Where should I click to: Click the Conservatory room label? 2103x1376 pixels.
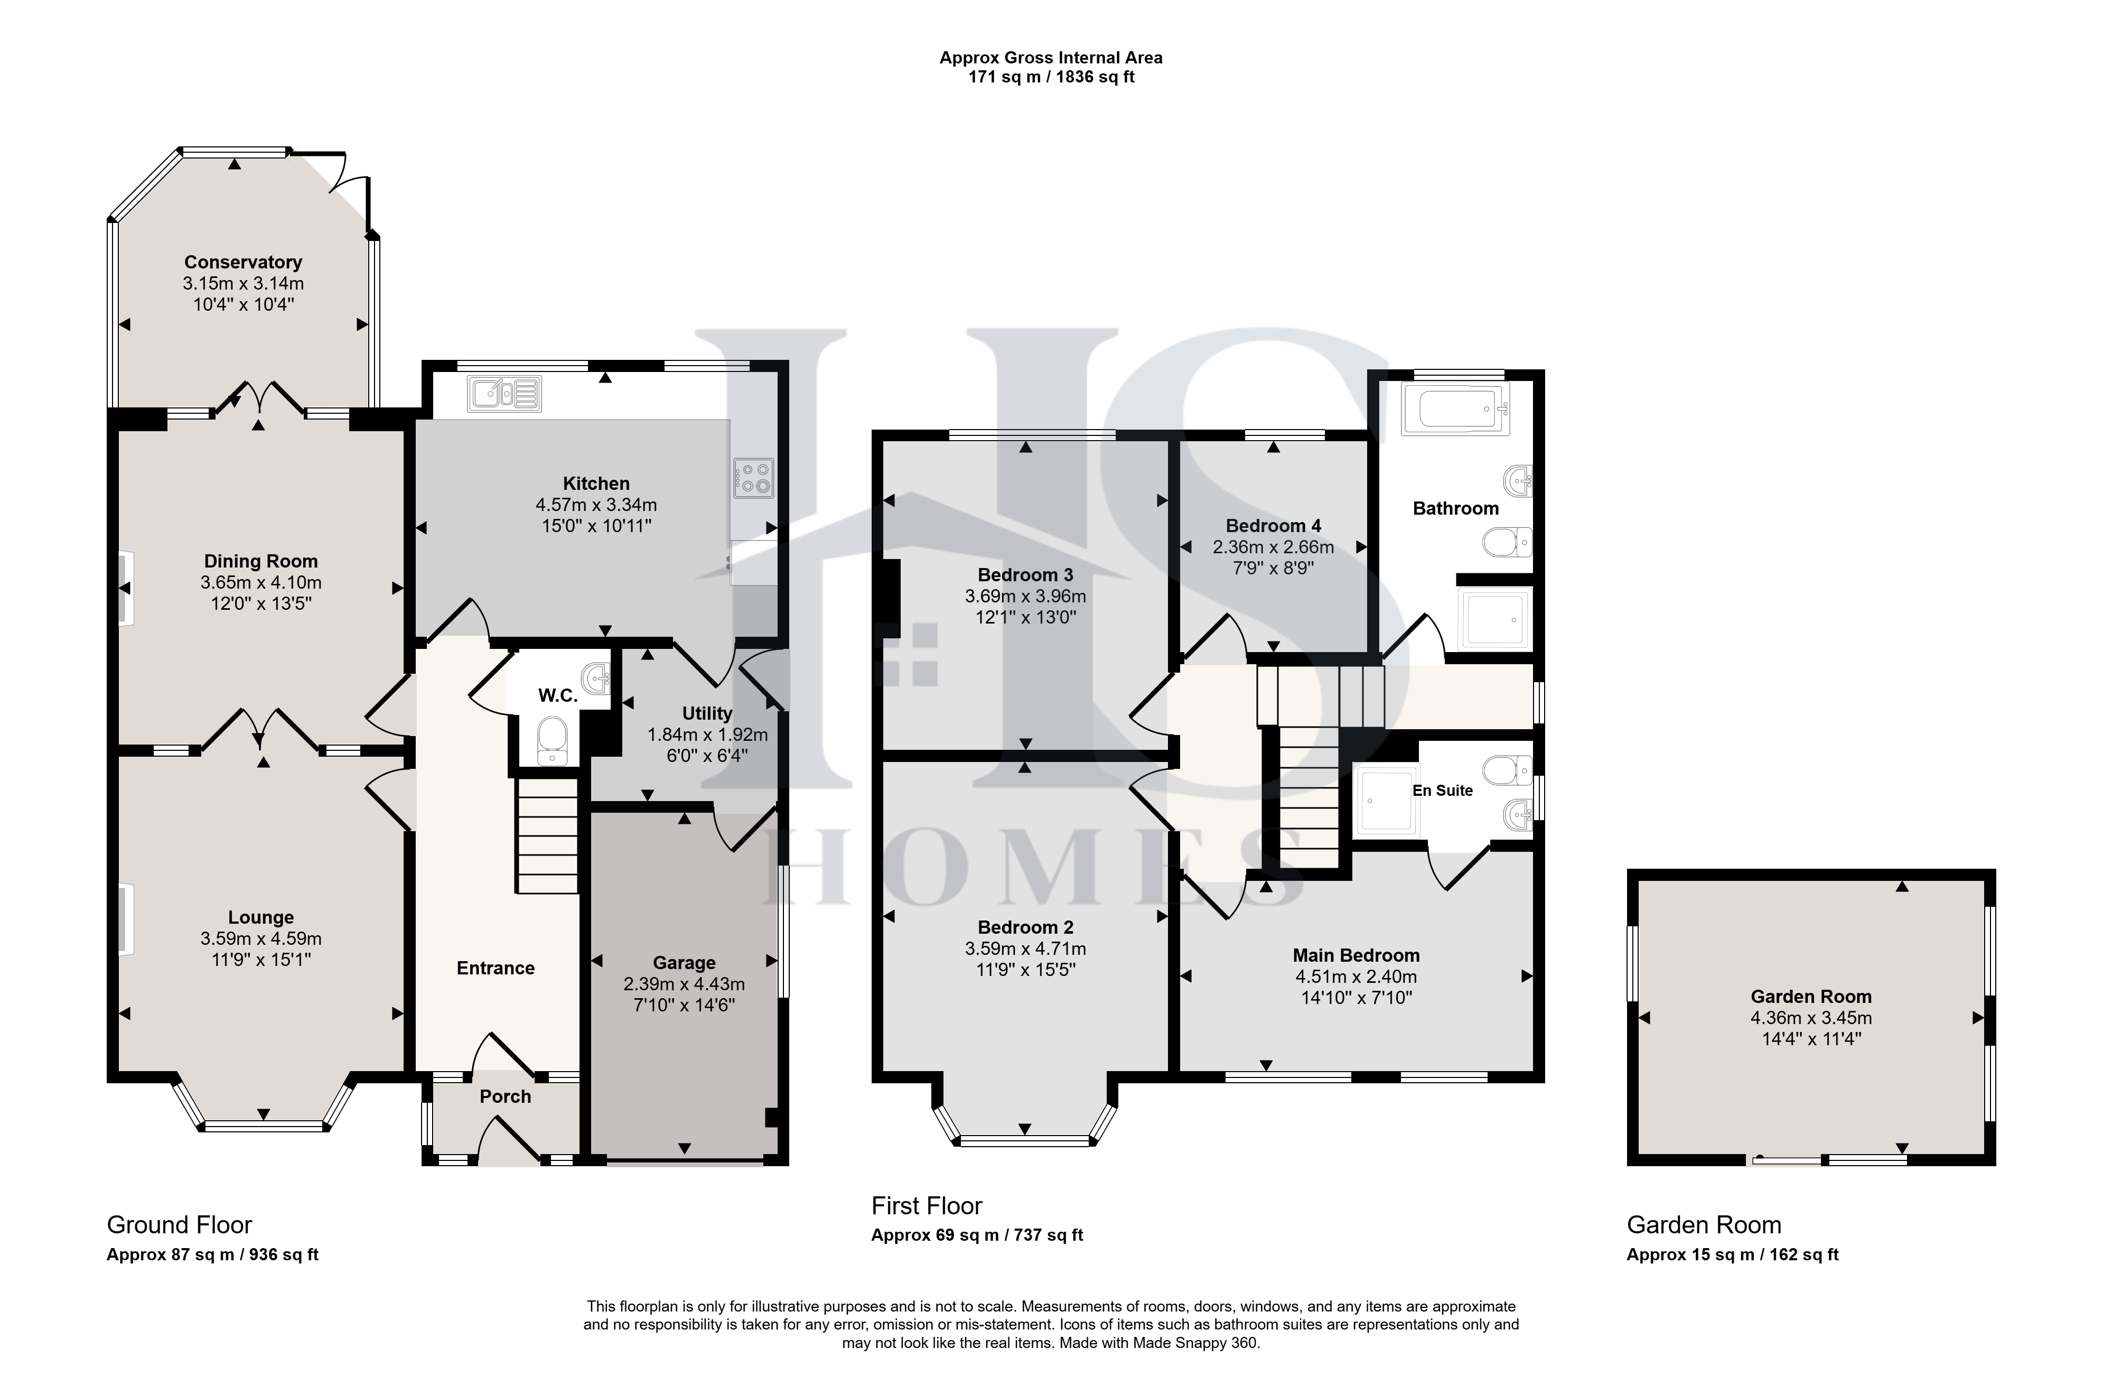click(x=243, y=263)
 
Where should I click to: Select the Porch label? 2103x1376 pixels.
click(x=506, y=1097)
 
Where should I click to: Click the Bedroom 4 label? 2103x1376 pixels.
click(x=1273, y=526)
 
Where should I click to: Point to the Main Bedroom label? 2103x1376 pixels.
click(x=1357, y=955)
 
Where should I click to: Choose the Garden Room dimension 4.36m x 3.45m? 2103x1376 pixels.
click(x=1811, y=1018)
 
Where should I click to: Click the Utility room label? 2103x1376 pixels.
click(x=707, y=713)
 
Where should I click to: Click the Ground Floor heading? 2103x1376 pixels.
click(x=180, y=1225)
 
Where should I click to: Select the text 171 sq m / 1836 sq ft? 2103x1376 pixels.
click(x=1051, y=77)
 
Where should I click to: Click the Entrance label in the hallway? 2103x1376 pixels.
click(x=496, y=969)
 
